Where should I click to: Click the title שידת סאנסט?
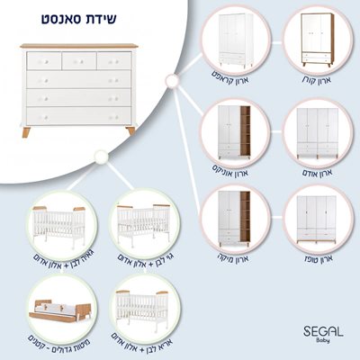click(x=80, y=17)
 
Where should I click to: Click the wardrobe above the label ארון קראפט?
click(x=224, y=40)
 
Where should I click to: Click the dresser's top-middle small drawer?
click(x=79, y=60)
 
